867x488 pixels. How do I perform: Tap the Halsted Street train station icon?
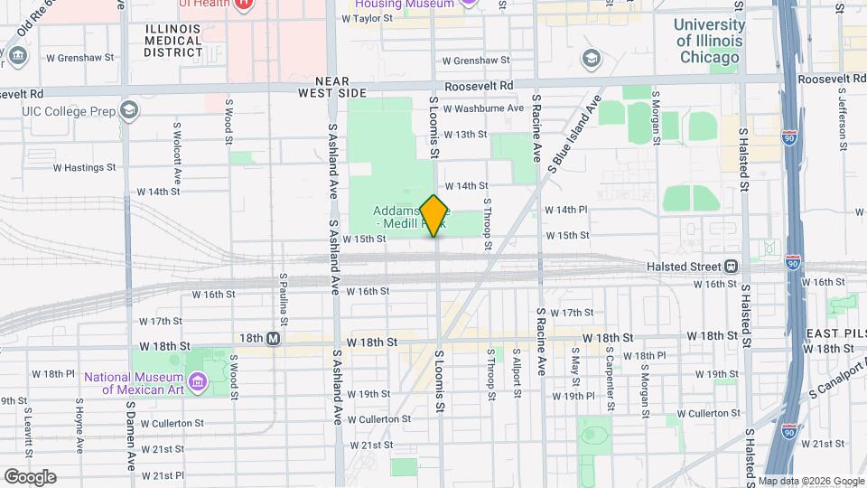(x=731, y=266)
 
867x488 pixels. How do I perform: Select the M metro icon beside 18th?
(x=273, y=338)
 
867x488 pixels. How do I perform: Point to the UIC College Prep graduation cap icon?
(x=130, y=110)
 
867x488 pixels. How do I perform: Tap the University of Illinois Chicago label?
(x=709, y=41)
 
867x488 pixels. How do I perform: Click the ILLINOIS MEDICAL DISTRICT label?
(x=173, y=41)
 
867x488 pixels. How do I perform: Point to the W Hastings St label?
(x=85, y=167)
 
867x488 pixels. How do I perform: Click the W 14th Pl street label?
(x=565, y=210)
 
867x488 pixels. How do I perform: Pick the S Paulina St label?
(x=284, y=299)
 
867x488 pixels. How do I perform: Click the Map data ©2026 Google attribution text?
(x=810, y=481)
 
